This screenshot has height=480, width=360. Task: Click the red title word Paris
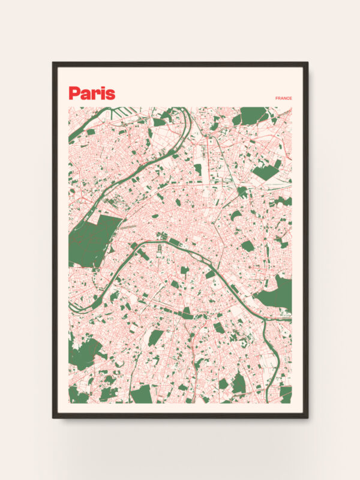pos(92,93)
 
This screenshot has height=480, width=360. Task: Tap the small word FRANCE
pos(283,98)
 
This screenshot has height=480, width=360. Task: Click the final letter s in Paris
pos(110,94)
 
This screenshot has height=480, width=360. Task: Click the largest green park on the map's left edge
pos(93,240)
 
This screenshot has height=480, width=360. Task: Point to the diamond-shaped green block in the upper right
pos(265,172)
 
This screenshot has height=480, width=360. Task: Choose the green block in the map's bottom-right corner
pos(285,395)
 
